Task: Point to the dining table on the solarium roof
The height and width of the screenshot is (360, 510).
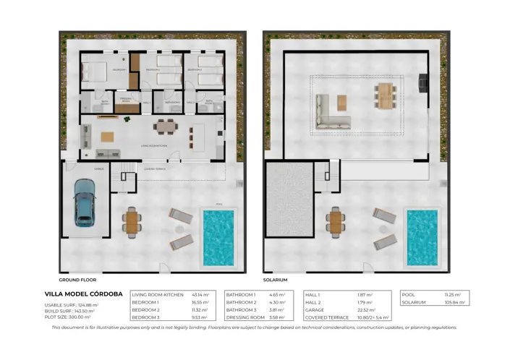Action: coord(385,95)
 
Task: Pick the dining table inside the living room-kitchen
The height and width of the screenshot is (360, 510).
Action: coord(164,127)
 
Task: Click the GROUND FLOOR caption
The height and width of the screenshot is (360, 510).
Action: coord(77,279)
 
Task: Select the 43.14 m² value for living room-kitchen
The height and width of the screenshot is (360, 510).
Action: coord(200,295)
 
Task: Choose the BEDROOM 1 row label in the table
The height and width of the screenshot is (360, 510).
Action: coord(147,302)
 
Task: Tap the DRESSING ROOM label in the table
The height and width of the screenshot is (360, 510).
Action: coord(246,317)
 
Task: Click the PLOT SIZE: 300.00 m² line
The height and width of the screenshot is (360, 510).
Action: coord(68,317)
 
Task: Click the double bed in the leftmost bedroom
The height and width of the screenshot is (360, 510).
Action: coord(95,72)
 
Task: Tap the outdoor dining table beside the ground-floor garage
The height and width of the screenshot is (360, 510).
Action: coord(130,221)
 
